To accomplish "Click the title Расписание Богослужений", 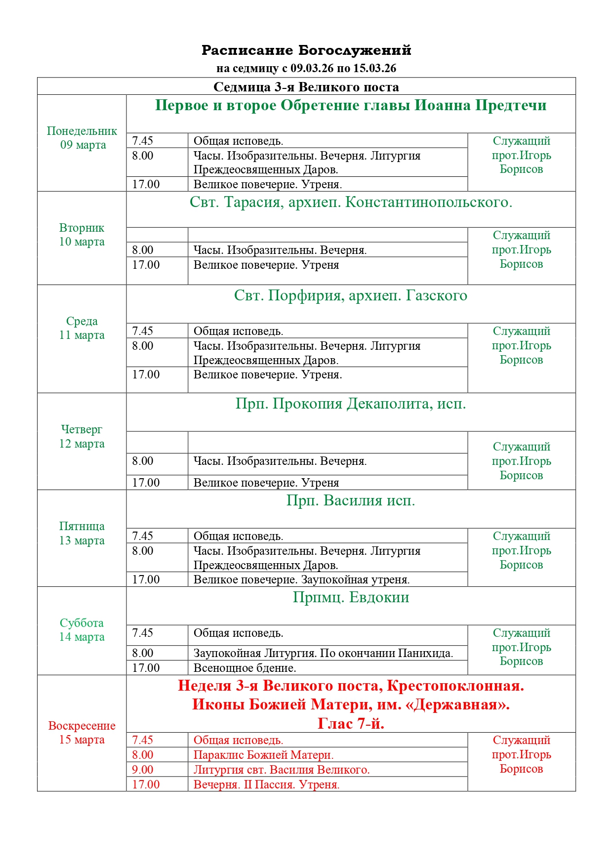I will pyautogui.click(x=306, y=50).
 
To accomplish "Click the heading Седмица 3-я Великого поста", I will pyautogui.click(x=306, y=87).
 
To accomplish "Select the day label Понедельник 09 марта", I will pyautogui.click(x=82, y=138).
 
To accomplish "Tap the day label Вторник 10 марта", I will pyautogui.click(x=82, y=235).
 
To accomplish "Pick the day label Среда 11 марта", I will pyautogui.click(x=82, y=328).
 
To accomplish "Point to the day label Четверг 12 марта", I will pyautogui.click(x=82, y=436).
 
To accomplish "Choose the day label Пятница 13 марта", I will pyautogui.click(x=82, y=533).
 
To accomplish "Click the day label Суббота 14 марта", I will pyautogui.click(x=82, y=630).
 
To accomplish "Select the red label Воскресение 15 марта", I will pyautogui.click(x=82, y=733).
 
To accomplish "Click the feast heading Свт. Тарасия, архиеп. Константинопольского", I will pyautogui.click(x=351, y=203).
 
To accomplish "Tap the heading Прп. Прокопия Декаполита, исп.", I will pyautogui.click(x=351, y=404).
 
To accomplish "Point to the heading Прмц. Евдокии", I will pyautogui.click(x=351, y=598).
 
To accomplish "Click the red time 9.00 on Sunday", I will pyautogui.click(x=143, y=770).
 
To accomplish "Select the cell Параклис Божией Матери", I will pyautogui.click(x=263, y=755).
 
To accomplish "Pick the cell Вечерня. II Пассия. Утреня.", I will pyautogui.click(x=266, y=784).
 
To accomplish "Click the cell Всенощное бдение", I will pyautogui.click(x=245, y=668).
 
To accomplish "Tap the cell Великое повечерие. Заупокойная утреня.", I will pyautogui.click(x=301, y=579).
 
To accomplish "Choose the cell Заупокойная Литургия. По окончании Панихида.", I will pyautogui.click(x=323, y=653).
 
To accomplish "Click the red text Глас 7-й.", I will pyautogui.click(x=351, y=724).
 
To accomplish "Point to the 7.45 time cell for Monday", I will pyautogui.click(x=143, y=141).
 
